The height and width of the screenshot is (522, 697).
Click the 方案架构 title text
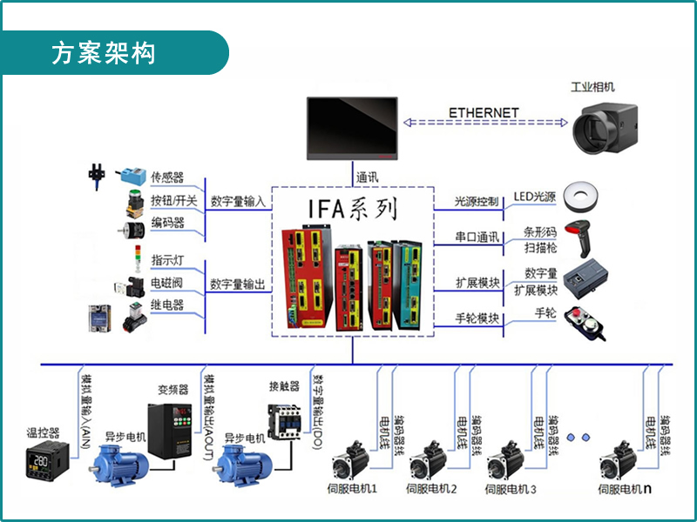[x=104, y=53]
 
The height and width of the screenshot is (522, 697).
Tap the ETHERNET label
[x=484, y=113]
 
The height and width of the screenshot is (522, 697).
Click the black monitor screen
[x=352, y=129]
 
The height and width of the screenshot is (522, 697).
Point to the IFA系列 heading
[x=353, y=210]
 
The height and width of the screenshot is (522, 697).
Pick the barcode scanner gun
[x=579, y=236]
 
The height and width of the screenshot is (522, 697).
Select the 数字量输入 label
[x=237, y=202]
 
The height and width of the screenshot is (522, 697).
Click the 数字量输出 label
[x=237, y=284]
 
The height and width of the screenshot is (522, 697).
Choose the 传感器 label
[x=167, y=177]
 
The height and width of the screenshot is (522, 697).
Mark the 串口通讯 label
[x=477, y=237]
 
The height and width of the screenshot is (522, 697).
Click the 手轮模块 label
[x=477, y=318]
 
